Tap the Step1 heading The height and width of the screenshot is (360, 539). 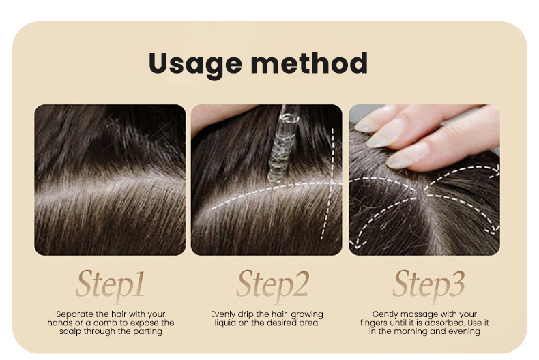click(x=110, y=284)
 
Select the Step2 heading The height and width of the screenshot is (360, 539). click(x=273, y=284)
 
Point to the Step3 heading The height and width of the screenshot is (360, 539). click(x=429, y=284)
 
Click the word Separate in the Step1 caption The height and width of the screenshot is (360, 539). click(x=73, y=314)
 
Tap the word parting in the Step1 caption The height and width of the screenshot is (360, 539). click(x=149, y=331)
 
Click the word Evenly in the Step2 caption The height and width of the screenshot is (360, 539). click(x=224, y=314)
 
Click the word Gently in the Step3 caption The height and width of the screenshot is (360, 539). click(x=386, y=314)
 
